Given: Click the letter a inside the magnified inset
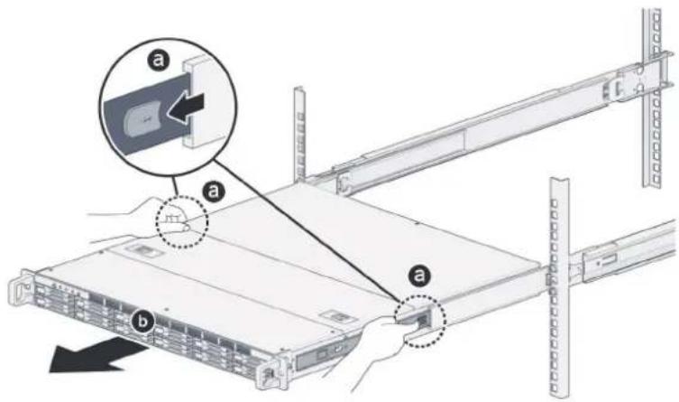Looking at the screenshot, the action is coord(160,60).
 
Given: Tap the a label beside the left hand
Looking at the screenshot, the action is coord(214,191).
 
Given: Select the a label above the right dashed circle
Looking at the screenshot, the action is coord(418,275).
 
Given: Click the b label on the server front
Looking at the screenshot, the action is coord(142,322).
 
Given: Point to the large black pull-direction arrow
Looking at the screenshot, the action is coord(93,354).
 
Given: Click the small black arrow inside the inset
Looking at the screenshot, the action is coord(187,107).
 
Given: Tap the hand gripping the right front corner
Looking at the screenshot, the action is coord(381,347).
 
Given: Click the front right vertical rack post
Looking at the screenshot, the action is coord(558,286).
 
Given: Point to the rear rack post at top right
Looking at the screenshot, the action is coord(652,98).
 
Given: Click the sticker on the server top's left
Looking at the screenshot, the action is coord(142,250).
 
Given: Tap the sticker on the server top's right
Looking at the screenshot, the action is coord(338,317).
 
